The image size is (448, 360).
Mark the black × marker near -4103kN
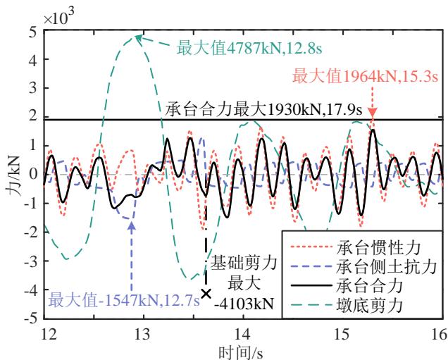point(206,294)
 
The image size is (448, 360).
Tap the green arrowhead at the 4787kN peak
point(139,38)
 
